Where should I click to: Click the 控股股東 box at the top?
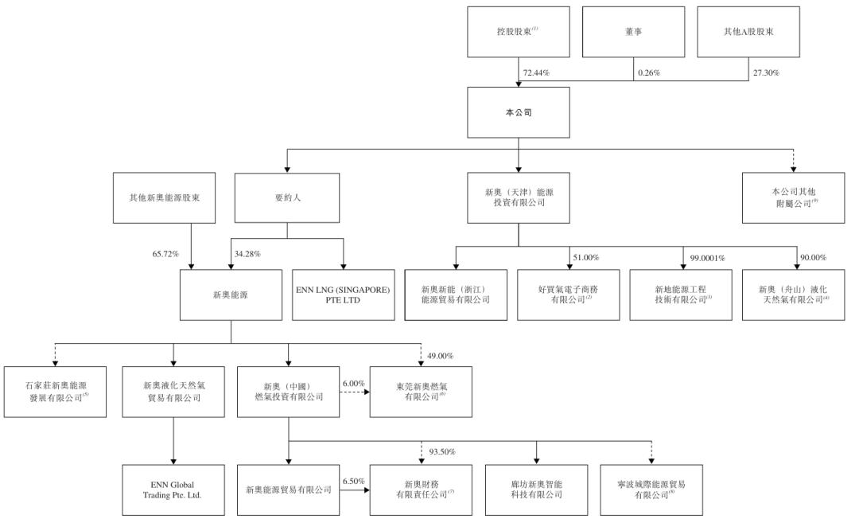click(518, 33)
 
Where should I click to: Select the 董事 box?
click(634, 33)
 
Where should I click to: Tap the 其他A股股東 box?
click(748, 33)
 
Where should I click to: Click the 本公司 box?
click(518, 112)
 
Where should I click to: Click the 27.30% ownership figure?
click(766, 73)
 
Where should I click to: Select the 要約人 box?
click(287, 197)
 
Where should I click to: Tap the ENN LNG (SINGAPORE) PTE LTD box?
click(343, 295)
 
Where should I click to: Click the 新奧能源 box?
click(231, 295)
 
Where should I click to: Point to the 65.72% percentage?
click(166, 254)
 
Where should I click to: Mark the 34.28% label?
click(248, 254)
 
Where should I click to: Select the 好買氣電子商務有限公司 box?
click(568, 295)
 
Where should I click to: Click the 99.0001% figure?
click(708, 258)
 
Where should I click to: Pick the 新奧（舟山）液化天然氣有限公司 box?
click(794, 295)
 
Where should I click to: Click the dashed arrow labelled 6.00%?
click(353, 392)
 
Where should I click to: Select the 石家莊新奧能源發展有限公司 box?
click(56, 392)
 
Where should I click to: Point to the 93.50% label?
click(442, 452)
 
